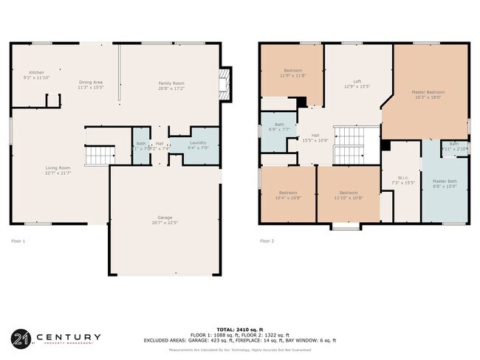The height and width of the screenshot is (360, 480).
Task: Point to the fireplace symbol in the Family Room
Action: pyautogui.click(x=224, y=84)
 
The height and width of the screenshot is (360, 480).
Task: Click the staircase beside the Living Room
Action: pyautogui.click(x=98, y=156)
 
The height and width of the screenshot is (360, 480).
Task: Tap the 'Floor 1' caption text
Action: pyautogui.click(x=18, y=241)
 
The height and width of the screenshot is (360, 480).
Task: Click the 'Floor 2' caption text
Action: pyautogui.click(x=267, y=241)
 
